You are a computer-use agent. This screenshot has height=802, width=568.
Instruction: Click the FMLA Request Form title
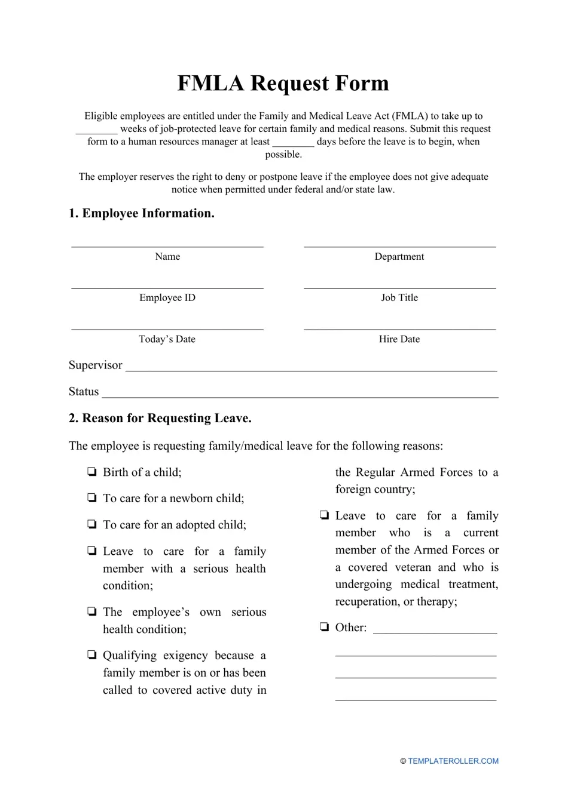click(283, 83)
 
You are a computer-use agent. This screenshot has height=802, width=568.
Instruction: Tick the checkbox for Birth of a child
click(92, 472)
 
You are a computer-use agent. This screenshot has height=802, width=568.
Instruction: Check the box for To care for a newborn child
click(92, 498)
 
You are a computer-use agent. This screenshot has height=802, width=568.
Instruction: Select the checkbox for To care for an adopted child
click(92, 524)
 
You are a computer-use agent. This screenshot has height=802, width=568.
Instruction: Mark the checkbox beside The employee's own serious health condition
click(92, 612)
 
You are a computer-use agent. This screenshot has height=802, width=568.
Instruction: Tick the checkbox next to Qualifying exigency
click(92, 655)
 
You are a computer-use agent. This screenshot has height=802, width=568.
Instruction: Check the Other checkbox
click(324, 627)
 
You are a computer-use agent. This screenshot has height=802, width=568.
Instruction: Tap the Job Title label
click(399, 297)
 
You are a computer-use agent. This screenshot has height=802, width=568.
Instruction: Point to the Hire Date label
click(399, 339)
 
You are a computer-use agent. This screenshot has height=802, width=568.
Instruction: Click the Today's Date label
click(167, 339)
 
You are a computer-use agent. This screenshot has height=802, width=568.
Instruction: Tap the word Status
click(84, 392)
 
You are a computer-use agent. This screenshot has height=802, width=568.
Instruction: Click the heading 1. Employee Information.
click(142, 213)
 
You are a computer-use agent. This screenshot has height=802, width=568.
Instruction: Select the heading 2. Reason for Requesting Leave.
click(160, 418)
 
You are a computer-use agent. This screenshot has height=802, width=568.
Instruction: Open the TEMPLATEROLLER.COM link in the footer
click(453, 761)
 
